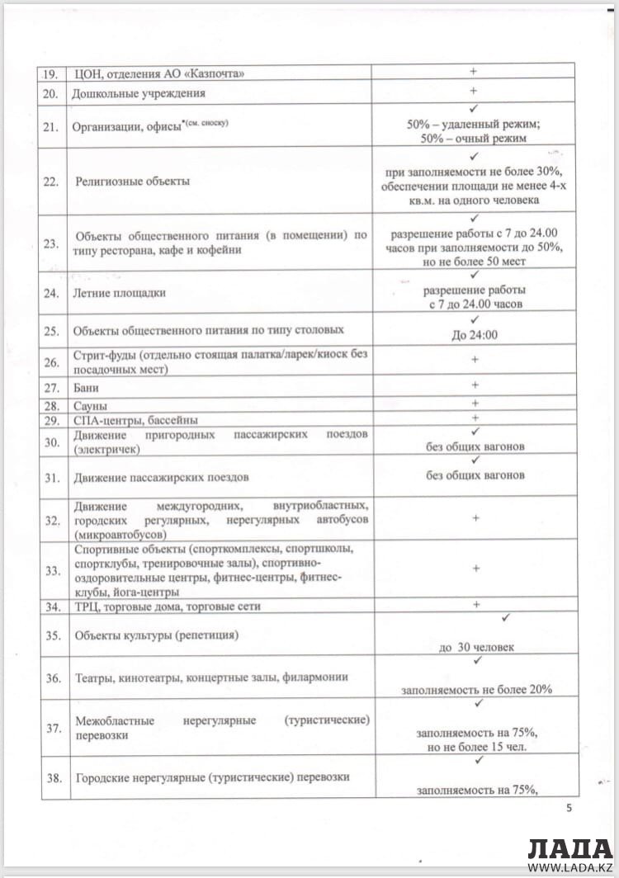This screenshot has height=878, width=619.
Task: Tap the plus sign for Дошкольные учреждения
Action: tap(474, 91)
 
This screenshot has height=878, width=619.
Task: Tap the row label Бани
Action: tap(87, 386)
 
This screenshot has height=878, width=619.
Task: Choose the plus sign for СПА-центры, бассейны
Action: tap(474, 418)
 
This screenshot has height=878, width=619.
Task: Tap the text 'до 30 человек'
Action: tap(476, 647)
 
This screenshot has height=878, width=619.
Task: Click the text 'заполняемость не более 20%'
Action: tap(476, 690)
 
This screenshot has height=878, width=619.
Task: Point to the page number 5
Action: tap(569, 807)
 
